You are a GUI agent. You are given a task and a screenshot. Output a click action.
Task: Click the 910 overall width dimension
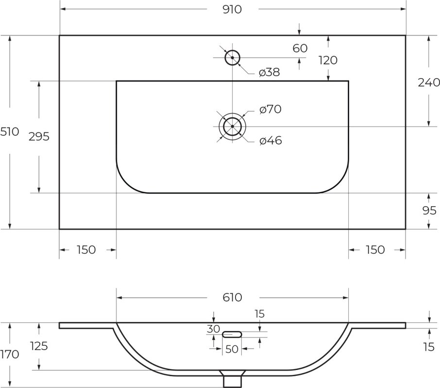232,10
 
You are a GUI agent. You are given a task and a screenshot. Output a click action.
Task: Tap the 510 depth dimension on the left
10,131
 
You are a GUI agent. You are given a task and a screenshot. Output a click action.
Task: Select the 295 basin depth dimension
39,136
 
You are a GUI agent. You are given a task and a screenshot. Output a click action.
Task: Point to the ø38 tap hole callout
270,73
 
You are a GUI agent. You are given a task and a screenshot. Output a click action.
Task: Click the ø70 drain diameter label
271,109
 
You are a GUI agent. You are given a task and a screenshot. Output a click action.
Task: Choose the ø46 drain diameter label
271,140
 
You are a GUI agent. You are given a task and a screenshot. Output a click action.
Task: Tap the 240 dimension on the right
429,82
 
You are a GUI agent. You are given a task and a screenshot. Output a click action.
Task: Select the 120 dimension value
328,60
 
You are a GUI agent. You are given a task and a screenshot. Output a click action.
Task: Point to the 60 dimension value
300,48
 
